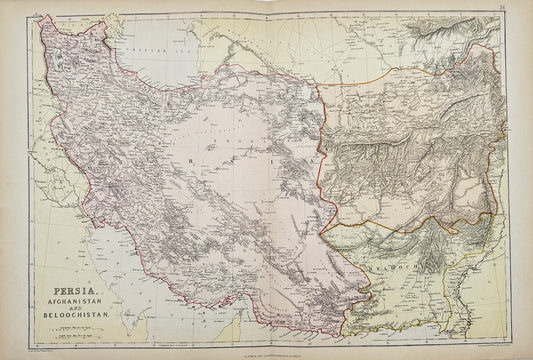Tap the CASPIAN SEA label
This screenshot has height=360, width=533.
point(150,47)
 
